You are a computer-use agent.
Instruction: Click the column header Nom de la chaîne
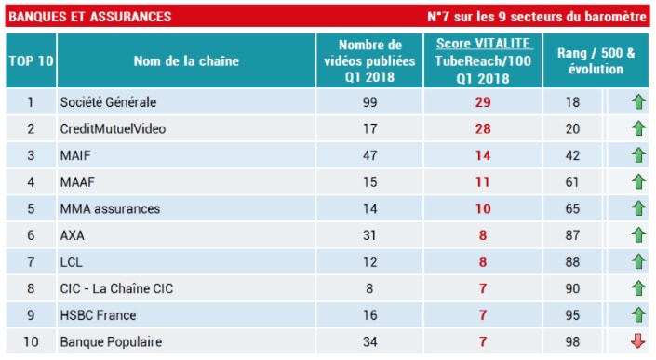(x=186, y=61)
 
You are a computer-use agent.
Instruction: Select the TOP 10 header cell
(x=31, y=61)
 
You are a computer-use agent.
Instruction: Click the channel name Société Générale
(x=108, y=102)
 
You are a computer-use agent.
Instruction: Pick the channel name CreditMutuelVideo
(x=113, y=129)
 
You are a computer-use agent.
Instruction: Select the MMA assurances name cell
(x=110, y=209)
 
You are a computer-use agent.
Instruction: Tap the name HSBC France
(x=98, y=315)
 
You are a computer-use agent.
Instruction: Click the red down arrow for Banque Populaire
(x=637, y=342)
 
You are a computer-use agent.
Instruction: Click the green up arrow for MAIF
(x=637, y=156)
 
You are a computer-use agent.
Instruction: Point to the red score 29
(x=483, y=102)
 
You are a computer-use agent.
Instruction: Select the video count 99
(x=370, y=102)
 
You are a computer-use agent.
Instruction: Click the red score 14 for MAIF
(x=483, y=156)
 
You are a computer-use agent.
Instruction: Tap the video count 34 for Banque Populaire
(x=370, y=342)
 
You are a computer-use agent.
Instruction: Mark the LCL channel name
(x=71, y=262)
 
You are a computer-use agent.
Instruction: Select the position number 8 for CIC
(x=31, y=289)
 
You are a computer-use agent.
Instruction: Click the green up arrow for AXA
(x=637, y=236)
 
